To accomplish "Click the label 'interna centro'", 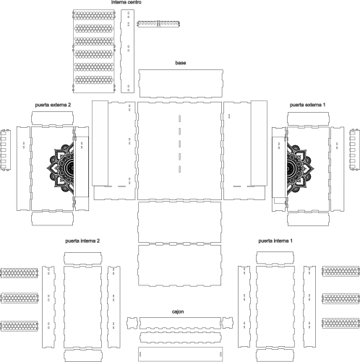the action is pos(126,2).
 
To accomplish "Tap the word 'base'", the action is pos(181,63).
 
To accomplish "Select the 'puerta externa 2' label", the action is pos(53,105).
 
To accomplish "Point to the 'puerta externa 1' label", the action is pos(307,105).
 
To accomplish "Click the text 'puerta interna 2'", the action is pos(82,241).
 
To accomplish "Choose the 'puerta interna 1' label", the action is pos(275,241).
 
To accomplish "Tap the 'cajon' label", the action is pos(178,311).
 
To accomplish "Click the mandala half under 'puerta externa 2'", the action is pos(60,167).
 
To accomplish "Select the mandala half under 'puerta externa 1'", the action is pos(301,167).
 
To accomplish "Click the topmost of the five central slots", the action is pos(180,118).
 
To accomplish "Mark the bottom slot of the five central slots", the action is pos(180,169).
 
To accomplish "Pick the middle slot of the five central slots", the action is pos(180,144).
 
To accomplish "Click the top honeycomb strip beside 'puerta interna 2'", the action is pos(20,272).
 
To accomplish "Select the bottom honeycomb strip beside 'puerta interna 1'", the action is pos(340,323).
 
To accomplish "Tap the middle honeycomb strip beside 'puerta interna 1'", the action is pos(340,298).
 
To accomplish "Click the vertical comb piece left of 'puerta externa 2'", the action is pos(5,150).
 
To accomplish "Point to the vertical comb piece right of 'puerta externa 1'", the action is pos(355,150).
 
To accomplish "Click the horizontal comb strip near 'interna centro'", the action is pos(158,24).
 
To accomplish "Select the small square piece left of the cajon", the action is pos(132,323).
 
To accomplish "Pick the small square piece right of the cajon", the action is pos(228,323).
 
